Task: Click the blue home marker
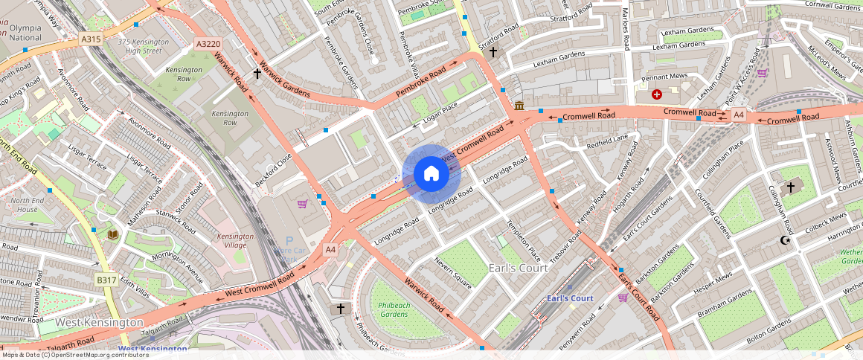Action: [x=431, y=174]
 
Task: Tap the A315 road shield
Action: [x=91, y=39]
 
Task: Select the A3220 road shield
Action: [x=208, y=45]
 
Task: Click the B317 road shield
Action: [x=106, y=280]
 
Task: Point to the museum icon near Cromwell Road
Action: [x=519, y=106]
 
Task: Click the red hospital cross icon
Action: [x=657, y=94]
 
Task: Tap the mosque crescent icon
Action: [x=784, y=240]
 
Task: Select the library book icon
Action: [x=113, y=234]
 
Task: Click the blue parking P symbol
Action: [x=289, y=241]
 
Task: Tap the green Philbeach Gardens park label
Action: [x=394, y=309]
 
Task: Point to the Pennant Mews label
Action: [x=664, y=77]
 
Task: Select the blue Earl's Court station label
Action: [x=570, y=298]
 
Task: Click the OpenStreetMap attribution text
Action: [x=74, y=355]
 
